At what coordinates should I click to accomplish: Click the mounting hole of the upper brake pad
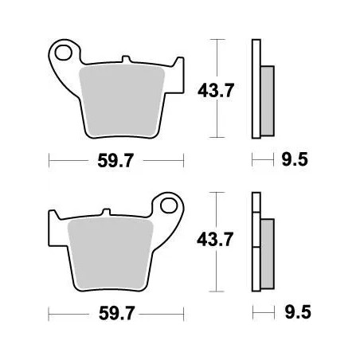tap(65, 53)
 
